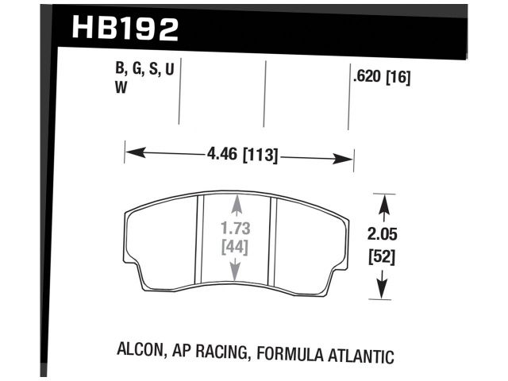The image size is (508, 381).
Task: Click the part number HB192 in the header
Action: (125, 29)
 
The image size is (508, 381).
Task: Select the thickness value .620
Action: (365, 78)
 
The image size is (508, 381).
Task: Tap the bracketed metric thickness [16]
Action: (397, 78)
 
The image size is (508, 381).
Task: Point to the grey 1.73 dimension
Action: (235, 229)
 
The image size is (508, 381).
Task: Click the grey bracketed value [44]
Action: (235, 248)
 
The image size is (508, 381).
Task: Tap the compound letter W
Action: (121, 89)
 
